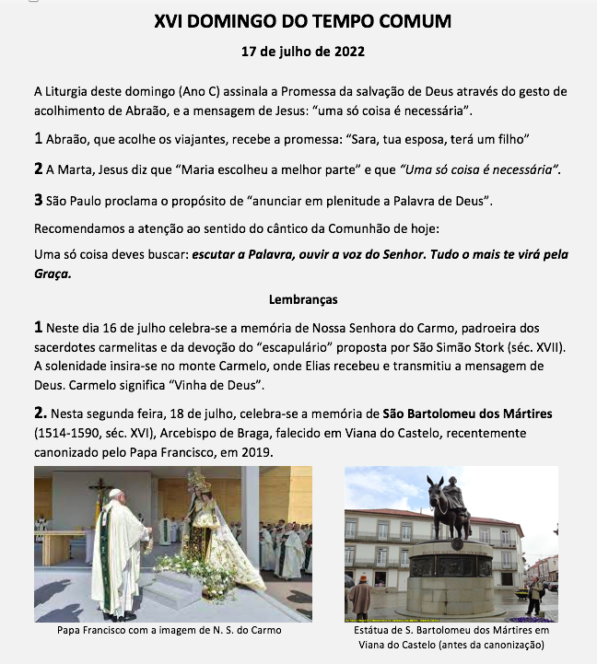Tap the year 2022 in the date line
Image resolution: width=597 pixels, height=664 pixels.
346,52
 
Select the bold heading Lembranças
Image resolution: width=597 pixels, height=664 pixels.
303,299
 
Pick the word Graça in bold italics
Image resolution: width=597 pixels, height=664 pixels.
53,274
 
